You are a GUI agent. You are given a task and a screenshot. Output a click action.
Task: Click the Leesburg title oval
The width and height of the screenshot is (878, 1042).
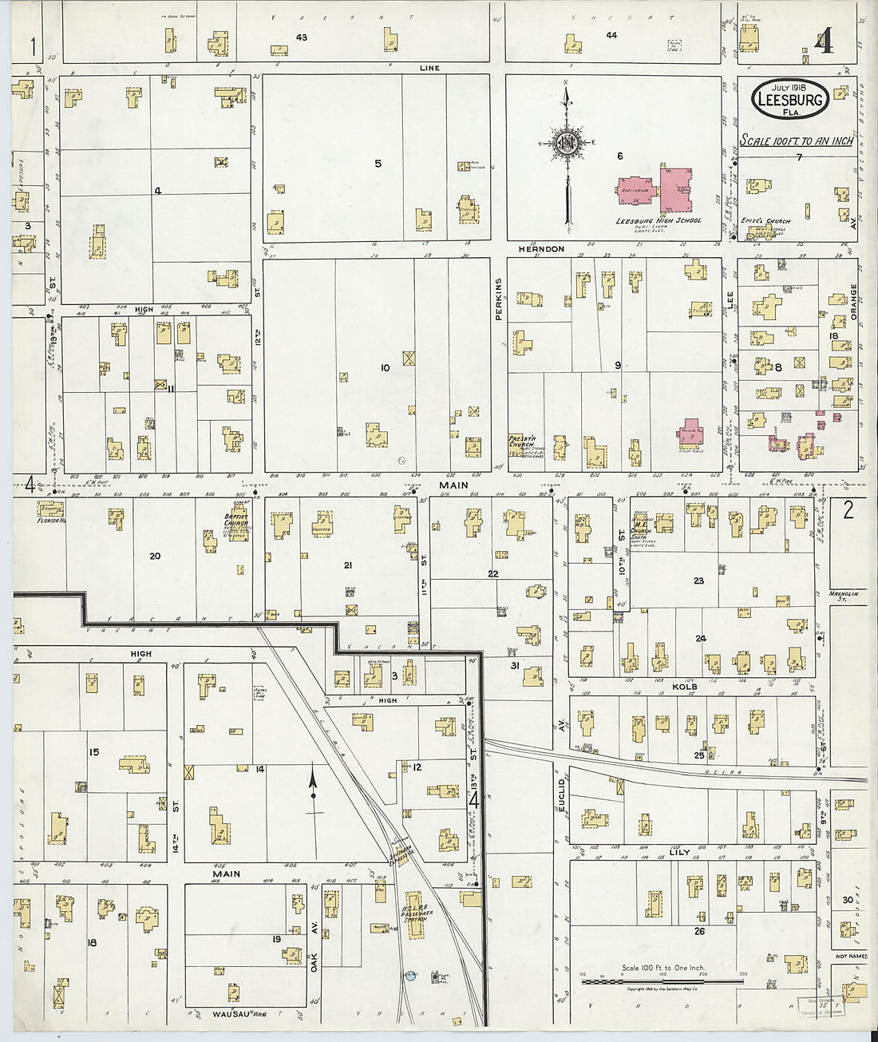tap(790, 101)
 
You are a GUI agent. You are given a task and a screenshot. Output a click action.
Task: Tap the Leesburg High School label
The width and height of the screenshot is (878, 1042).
tap(658, 220)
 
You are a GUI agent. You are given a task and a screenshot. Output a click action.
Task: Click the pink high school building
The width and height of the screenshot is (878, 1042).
tap(675, 188)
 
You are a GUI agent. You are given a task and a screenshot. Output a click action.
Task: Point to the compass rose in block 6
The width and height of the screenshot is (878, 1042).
tap(567, 145)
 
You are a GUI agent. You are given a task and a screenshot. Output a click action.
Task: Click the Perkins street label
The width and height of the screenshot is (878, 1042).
tap(497, 299)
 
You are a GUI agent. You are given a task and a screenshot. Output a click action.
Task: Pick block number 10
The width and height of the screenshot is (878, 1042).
tap(385, 368)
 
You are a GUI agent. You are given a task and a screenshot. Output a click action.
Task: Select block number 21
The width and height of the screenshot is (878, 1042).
tap(348, 565)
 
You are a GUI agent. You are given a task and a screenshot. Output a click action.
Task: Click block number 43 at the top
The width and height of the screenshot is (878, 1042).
tap(301, 38)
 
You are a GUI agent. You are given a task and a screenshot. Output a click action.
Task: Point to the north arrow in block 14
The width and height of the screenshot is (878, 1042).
tap(313, 786)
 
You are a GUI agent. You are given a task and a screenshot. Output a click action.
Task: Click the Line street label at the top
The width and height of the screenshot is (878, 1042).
tap(429, 69)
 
